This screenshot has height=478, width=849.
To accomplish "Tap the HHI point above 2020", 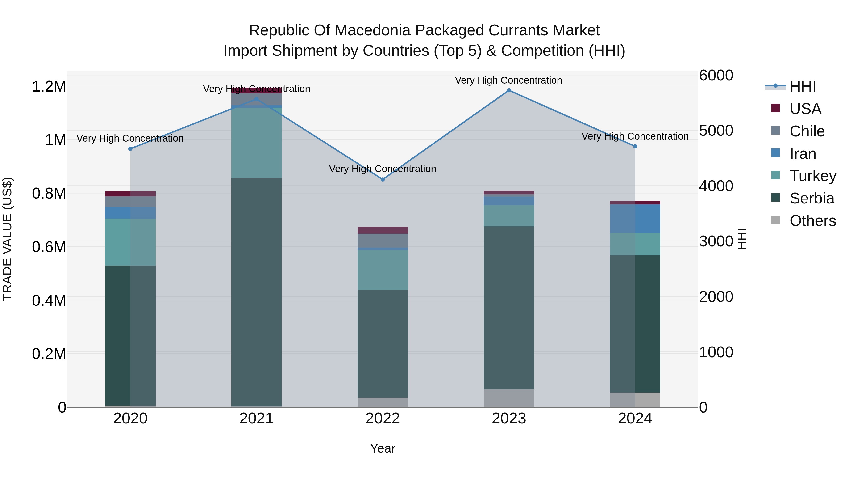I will tap(130, 149).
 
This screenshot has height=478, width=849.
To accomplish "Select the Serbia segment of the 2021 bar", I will tap(256, 292).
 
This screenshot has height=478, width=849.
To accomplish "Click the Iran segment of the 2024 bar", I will tap(635, 219).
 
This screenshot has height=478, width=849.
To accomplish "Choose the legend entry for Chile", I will tap(807, 131).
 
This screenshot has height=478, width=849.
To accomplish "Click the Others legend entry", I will tap(812, 221).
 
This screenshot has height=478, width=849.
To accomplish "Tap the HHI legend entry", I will tap(803, 86).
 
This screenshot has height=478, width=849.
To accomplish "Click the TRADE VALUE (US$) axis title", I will tap(8, 239).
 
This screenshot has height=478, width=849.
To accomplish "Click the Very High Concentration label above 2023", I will tap(508, 80).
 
